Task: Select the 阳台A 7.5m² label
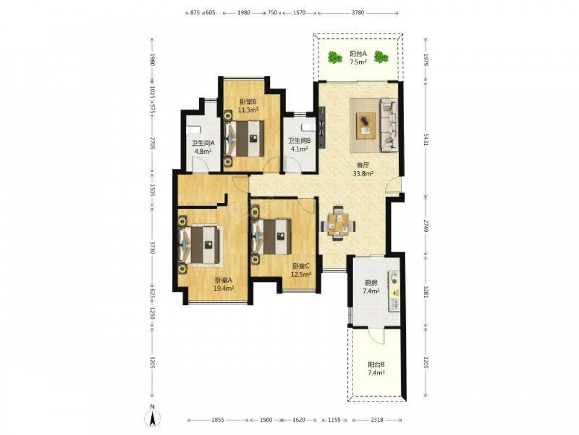[358, 58]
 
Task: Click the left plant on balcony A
[335, 57]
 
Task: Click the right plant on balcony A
[381, 57]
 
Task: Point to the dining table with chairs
[339, 223]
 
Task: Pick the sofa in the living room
[389, 125]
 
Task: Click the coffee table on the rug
[366, 125]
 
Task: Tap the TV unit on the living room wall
[322, 127]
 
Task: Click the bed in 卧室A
[201, 245]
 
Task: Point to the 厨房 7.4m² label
[371, 287]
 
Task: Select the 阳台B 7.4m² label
[376, 368]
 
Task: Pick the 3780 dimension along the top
[357, 13]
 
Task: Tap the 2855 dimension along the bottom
[217, 420]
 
